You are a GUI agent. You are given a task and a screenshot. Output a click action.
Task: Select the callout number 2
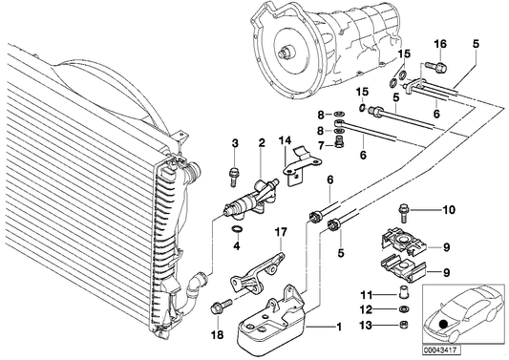click(x=261, y=144)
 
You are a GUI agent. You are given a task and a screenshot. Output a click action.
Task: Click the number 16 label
click(x=440, y=45)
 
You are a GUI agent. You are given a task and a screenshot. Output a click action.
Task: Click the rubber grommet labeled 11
click(x=403, y=292)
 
